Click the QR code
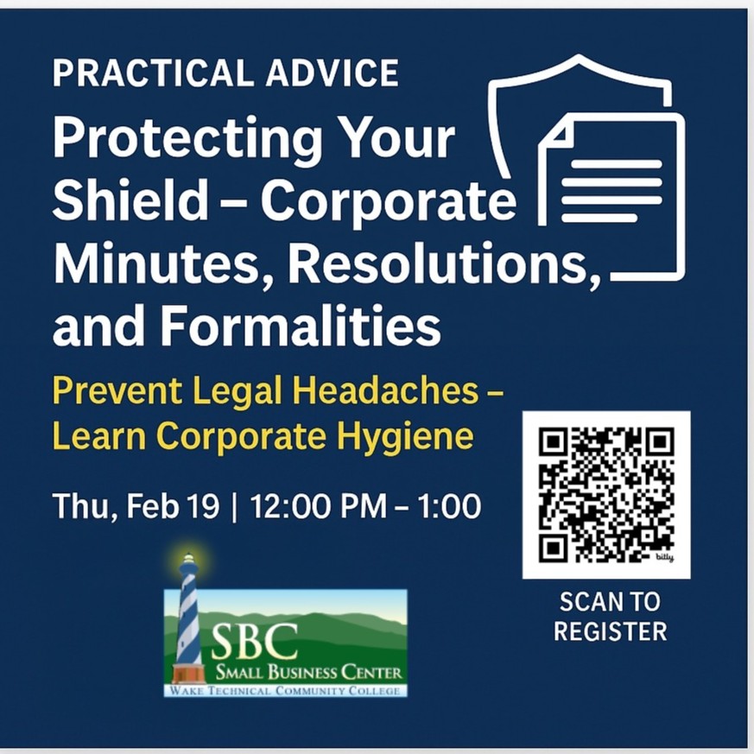(605, 495)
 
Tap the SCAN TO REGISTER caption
(610, 616)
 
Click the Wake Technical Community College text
(285, 690)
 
